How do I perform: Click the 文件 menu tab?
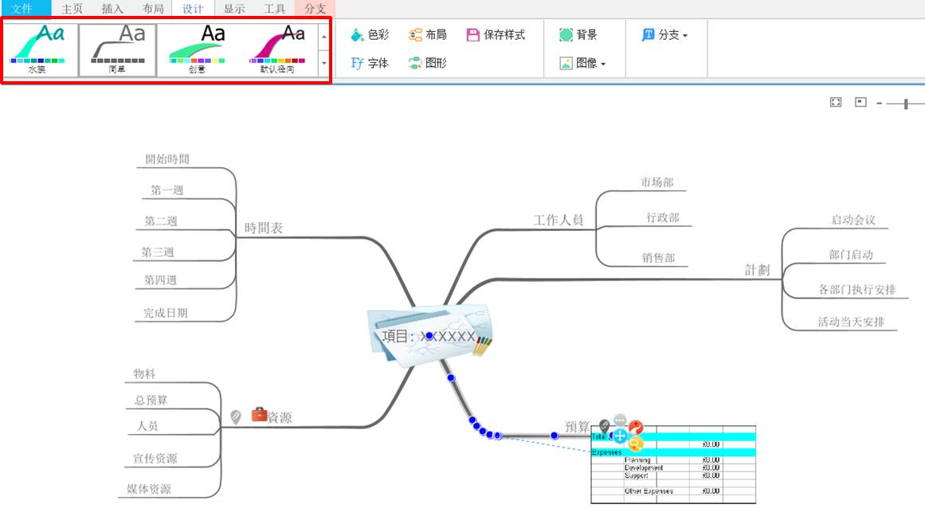[x=21, y=9]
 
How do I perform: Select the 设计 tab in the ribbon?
[x=193, y=9]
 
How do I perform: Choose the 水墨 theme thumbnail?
[x=38, y=49]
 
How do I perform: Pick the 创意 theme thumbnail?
[x=197, y=49]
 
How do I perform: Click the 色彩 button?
[x=370, y=35]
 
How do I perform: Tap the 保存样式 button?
[x=496, y=35]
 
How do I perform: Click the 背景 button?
[x=578, y=35]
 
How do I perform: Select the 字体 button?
[x=370, y=63]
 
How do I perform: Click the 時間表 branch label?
[x=264, y=228]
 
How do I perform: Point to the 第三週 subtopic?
[x=158, y=252]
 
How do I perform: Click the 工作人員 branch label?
[x=559, y=220]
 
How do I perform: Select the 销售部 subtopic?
[x=659, y=258]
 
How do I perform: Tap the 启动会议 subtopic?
[x=853, y=220]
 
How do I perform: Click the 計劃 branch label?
[x=758, y=270]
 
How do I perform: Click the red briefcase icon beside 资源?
[x=259, y=414]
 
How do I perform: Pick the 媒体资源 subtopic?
[x=149, y=489]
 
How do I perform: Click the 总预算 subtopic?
[x=151, y=400]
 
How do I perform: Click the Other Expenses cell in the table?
[x=648, y=491]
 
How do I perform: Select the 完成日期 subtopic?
[x=166, y=313]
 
